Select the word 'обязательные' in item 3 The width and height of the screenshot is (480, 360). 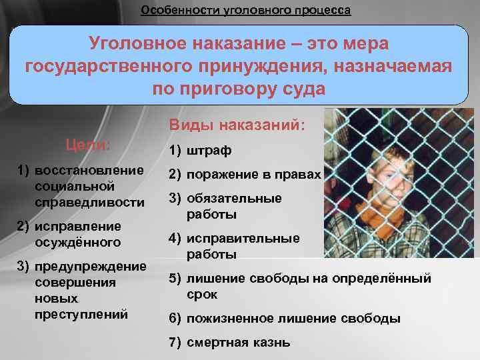coord(234,198)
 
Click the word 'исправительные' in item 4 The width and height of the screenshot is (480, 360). coord(243,238)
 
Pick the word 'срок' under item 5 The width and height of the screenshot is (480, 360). coord(201,294)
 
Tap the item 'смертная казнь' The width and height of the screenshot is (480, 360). coord(238,343)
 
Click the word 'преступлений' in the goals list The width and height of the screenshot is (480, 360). coord(81,313)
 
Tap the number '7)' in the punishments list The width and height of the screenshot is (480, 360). coord(175,343)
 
